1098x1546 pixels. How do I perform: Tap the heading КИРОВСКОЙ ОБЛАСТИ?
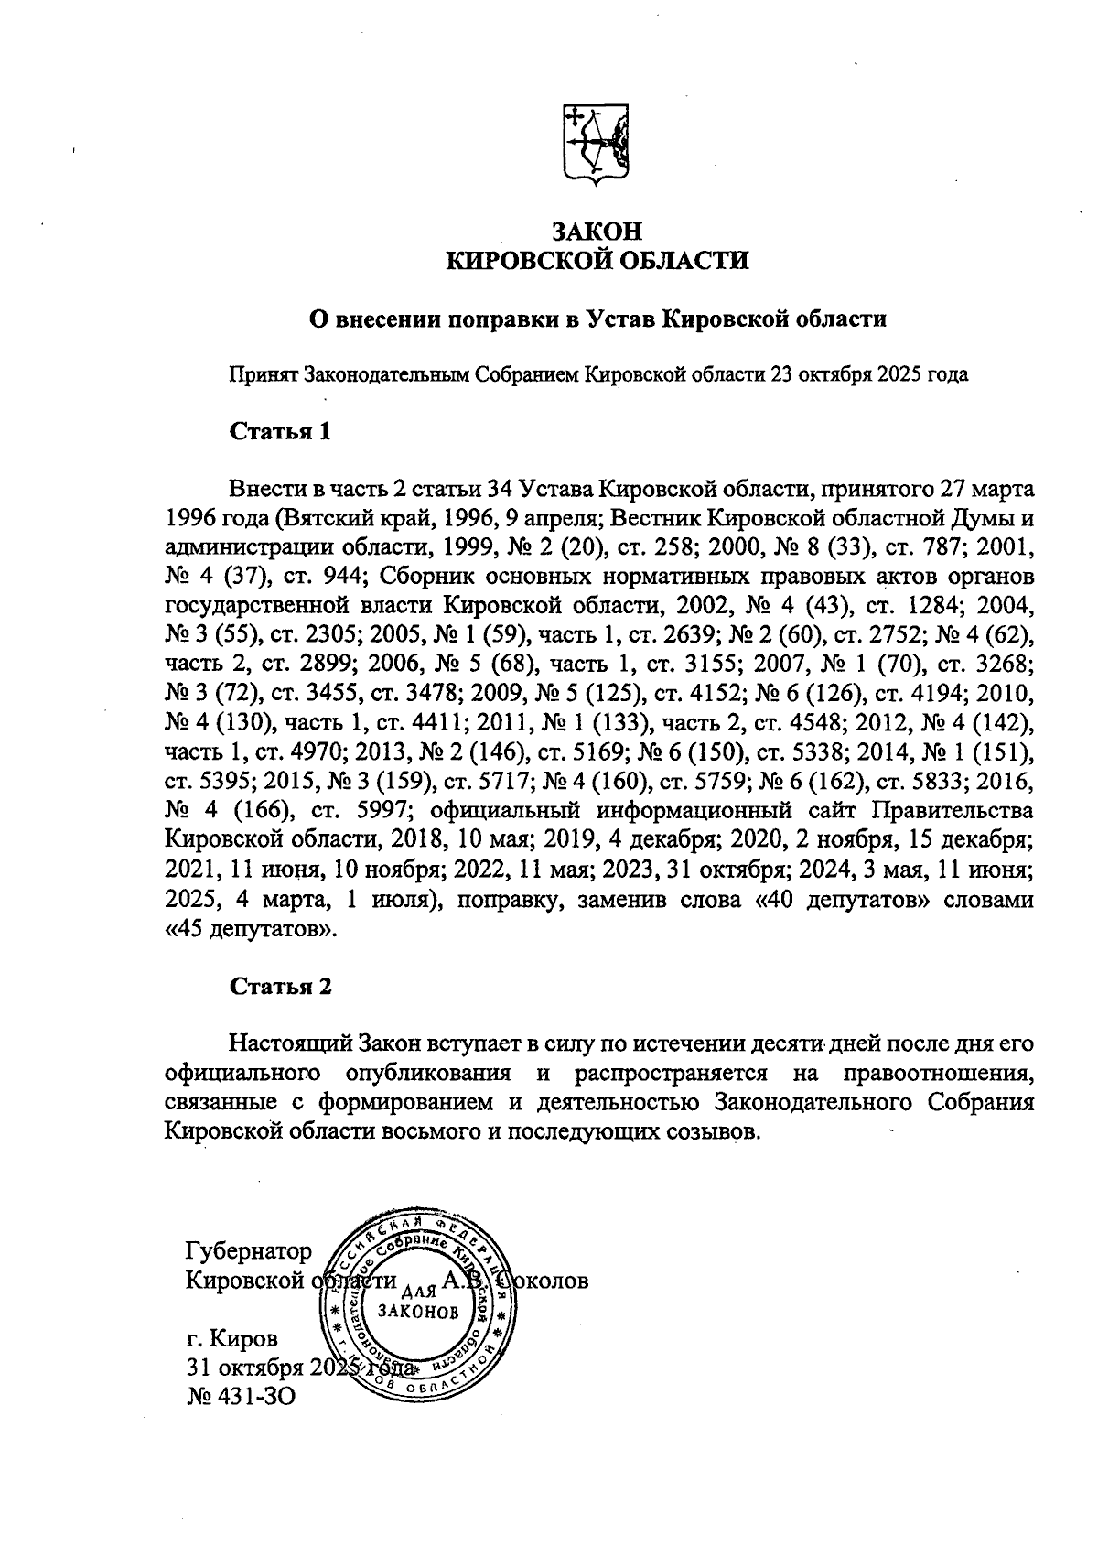click(x=596, y=262)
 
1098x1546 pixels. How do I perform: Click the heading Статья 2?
click(x=280, y=987)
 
